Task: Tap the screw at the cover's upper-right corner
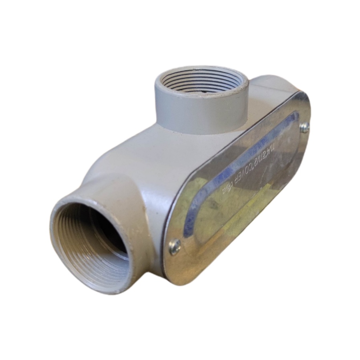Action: pyautogui.click(x=305, y=127)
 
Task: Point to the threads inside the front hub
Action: pyautogui.click(x=86, y=256)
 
